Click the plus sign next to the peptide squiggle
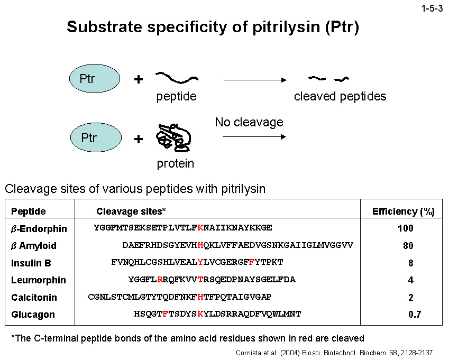pyautogui.click(x=139, y=79)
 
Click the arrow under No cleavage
pyautogui.click(x=254, y=137)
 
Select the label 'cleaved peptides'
pyautogui.click(x=340, y=96)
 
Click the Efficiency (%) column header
pyautogui.click(x=404, y=211)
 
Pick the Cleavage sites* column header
pyautogui.click(x=131, y=211)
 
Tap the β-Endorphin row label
pyautogui.click(x=39, y=229)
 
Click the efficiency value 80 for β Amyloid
pyautogui.click(x=407, y=246)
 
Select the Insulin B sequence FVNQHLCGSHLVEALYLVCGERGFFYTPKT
pyautogui.click(x=197, y=262)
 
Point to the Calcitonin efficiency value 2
pyautogui.click(x=411, y=298)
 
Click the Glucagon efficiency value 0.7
pyautogui.click(x=414, y=315)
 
